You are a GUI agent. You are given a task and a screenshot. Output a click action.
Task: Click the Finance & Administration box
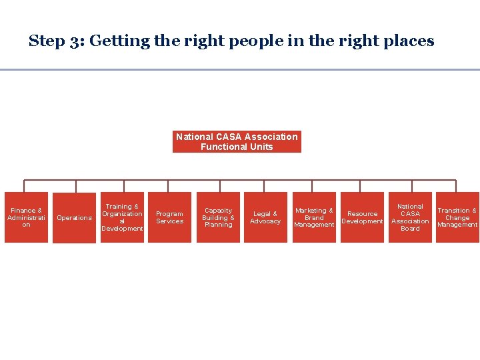click(x=26, y=217)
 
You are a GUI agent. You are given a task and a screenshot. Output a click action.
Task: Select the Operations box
click(x=74, y=218)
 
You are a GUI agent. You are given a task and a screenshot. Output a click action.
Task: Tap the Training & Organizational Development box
click(x=122, y=217)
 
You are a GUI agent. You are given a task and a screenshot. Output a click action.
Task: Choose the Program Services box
click(x=169, y=217)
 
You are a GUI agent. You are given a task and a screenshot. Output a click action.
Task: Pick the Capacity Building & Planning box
click(x=218, y=217)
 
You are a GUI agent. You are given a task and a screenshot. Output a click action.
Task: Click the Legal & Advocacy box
click(x=265, y=217)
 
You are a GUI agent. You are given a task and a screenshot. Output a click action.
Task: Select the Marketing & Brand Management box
click(x=314, y=217)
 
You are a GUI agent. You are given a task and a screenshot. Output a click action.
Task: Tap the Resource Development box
click(x=362, y=217)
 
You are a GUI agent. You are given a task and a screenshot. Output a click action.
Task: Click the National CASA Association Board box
click(x=410, y=217)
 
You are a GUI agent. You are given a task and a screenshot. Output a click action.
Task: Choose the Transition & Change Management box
click(x=457, y=217)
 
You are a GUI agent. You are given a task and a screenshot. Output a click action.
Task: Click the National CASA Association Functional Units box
click(x=237, y=141)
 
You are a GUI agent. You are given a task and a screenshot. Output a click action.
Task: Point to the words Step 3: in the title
click(x=55, y=41)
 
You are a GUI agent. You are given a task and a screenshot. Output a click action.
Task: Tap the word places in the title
click(x=409, y=41)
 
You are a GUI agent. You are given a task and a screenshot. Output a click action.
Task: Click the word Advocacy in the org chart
click(x=265, y=221)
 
